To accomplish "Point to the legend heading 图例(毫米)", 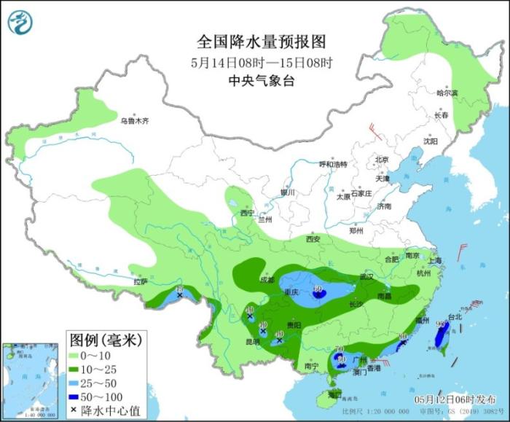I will (x=105, y=340).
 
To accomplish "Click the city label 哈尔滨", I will (x=447, y=93).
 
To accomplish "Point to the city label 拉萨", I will (x=141, y=281).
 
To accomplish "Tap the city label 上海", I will (x=436, y=260).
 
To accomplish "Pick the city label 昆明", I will (x=252, y=340).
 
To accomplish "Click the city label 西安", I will (x=313, y=239).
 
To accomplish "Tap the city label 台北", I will (x=455, y=317).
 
